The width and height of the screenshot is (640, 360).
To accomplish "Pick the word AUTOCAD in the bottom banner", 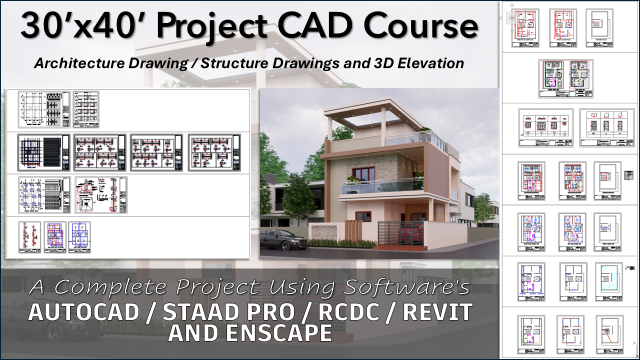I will point(84,312).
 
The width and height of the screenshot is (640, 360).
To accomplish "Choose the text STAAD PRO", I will point(227,312).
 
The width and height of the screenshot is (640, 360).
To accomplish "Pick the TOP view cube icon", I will point(511,18).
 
